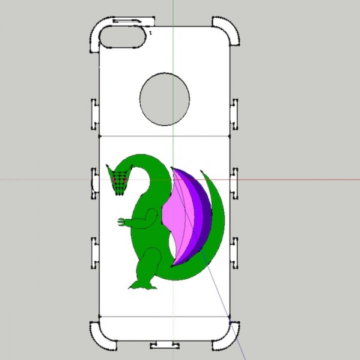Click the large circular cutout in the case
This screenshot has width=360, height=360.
point(165,99)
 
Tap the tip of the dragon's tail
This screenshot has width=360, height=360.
point(203,173)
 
